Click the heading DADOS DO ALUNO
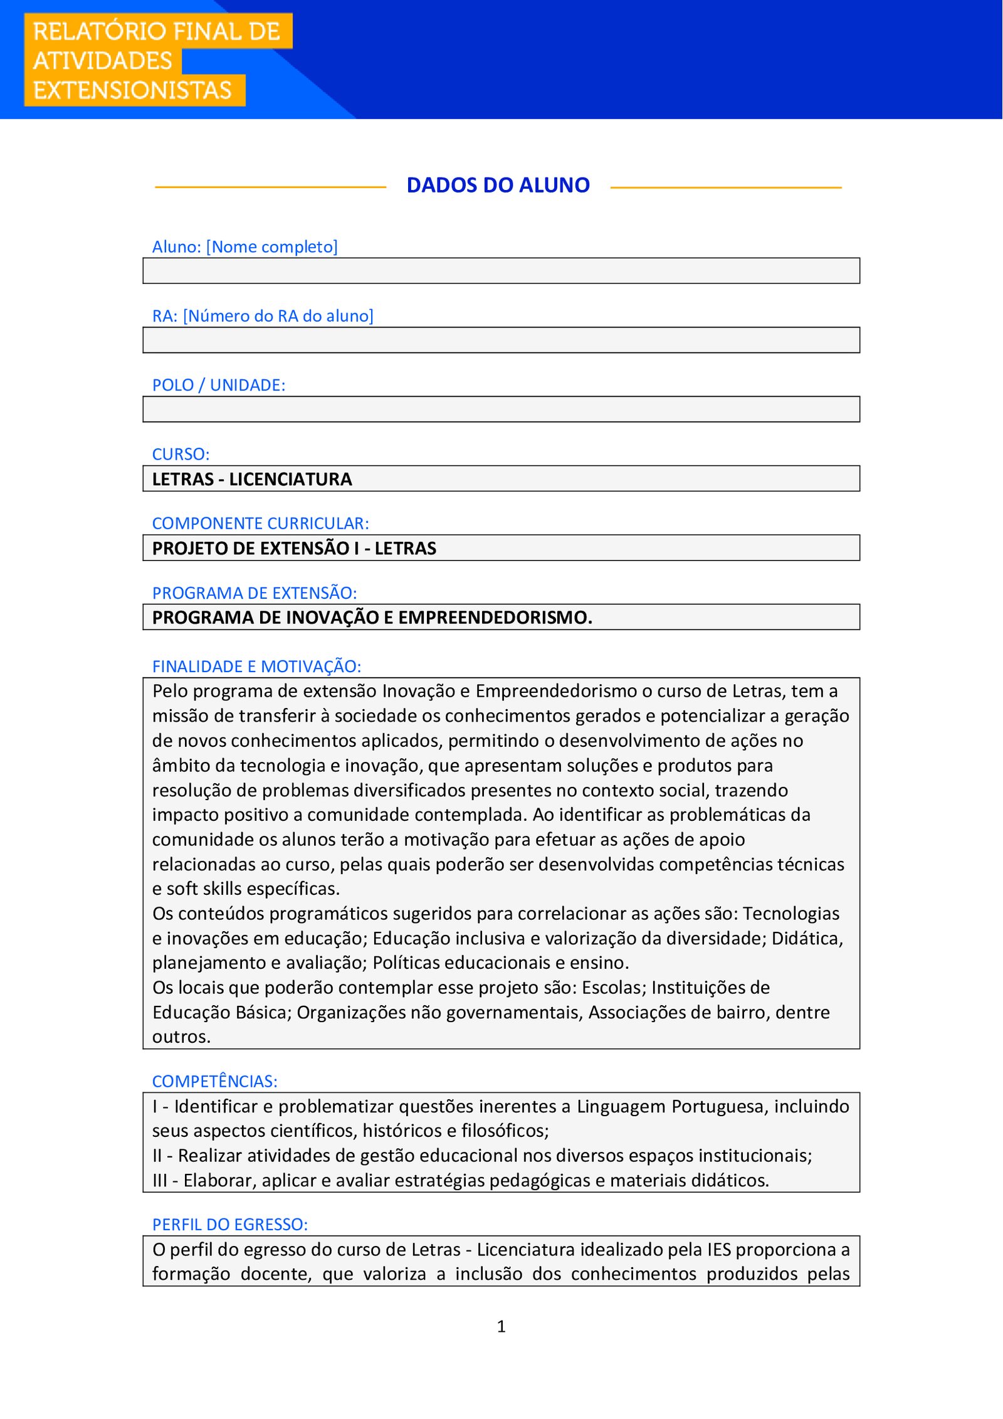[498, 186]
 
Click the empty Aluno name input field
[501, 271]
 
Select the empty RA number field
[501, 340]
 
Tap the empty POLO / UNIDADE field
[501, 409]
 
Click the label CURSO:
[181, 454]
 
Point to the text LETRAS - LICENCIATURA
[252, 479]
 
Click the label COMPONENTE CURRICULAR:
[260, 523]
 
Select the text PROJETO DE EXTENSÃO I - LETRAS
[294, 549]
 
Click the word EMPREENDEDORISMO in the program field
[495, 618]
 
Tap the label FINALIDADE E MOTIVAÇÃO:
[256, 667]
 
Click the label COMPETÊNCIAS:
[214, 1081]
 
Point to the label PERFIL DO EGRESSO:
[229, 1224]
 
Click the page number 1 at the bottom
[501, 1326]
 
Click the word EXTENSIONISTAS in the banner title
[132, 90]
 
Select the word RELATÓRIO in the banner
[90, 31]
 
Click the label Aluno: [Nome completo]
[244, 246]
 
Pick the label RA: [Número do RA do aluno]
[263, 316]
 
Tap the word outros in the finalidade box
[180, 1037]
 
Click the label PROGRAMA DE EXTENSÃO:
[254, 593]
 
